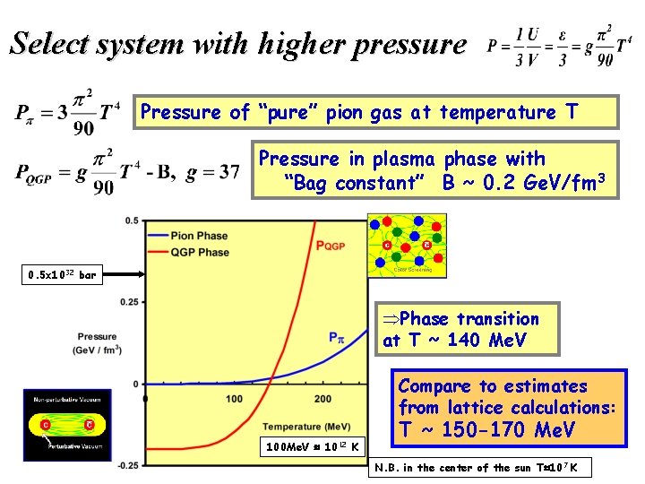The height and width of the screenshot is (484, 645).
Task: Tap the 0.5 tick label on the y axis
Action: click(x=131, y=220)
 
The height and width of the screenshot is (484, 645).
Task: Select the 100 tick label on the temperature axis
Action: click(x=234, y=398)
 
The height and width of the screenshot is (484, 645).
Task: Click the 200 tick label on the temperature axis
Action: click(x=323, y=398)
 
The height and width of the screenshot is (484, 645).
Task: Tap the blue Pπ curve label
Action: click(x=337, y=338)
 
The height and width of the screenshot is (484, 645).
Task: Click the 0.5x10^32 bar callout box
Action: click(x=61, y=275)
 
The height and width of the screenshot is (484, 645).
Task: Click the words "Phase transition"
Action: click(x=469, y=319)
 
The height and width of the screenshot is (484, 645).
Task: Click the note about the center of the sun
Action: click(x=482, y=467)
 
